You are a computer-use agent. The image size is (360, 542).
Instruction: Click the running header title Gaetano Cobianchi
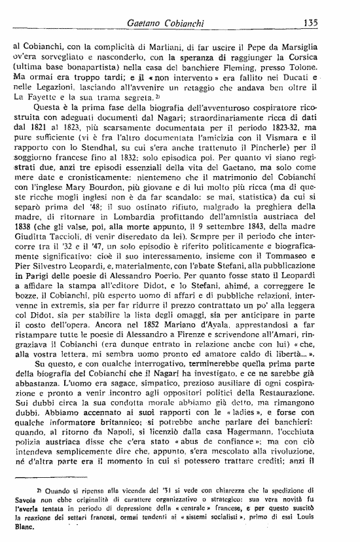tap(166, 24)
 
